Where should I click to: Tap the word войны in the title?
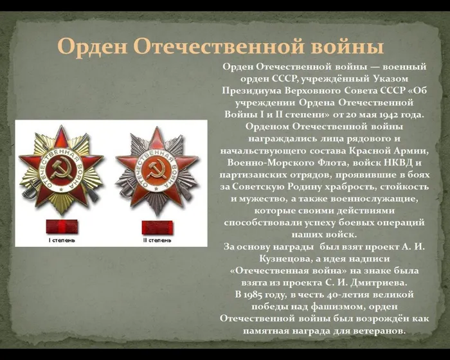(343, 46)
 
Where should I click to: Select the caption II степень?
(157, 240)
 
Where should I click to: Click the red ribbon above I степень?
(62, 227)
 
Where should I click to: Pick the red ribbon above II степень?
(157, 227)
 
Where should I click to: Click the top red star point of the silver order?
(156, 137)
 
